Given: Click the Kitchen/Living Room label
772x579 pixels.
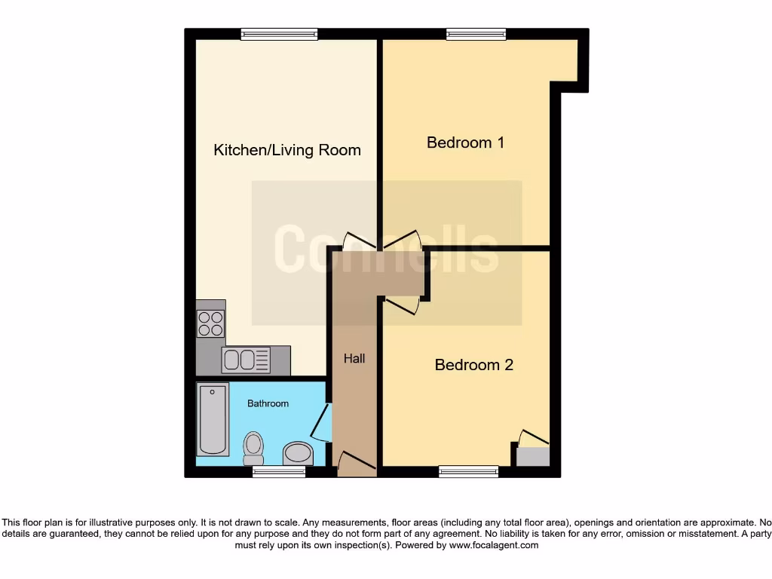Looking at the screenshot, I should [287, 150].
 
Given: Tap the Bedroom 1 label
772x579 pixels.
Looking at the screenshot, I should [465, 142].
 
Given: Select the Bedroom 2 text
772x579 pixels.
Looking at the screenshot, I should [473, 365].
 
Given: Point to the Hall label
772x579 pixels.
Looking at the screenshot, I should [354, 359].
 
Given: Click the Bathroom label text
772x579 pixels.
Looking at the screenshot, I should [268, 403].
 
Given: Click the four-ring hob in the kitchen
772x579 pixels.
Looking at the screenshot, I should [210, 323].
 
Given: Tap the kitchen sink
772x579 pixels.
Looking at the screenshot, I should [246, 360].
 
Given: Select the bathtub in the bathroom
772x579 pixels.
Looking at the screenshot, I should [213, 419].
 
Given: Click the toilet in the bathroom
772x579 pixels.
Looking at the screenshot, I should [253, 448].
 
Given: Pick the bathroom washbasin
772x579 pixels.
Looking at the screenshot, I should [298, 454].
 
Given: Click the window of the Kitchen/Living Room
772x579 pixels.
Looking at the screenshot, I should [279, 34].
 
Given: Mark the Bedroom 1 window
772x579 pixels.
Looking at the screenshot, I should [476, 34].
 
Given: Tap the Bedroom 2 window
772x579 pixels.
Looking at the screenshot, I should [468, 471].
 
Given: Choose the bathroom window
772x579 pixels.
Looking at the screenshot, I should [279, 471].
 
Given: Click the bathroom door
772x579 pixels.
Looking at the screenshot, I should [322, 424].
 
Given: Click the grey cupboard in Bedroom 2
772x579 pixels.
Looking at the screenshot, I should [533, 456].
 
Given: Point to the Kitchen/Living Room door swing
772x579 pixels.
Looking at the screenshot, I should [359, 240].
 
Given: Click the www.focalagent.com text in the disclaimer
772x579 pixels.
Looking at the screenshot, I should [493, 545].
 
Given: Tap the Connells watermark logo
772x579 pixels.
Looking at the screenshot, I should [386, 250].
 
